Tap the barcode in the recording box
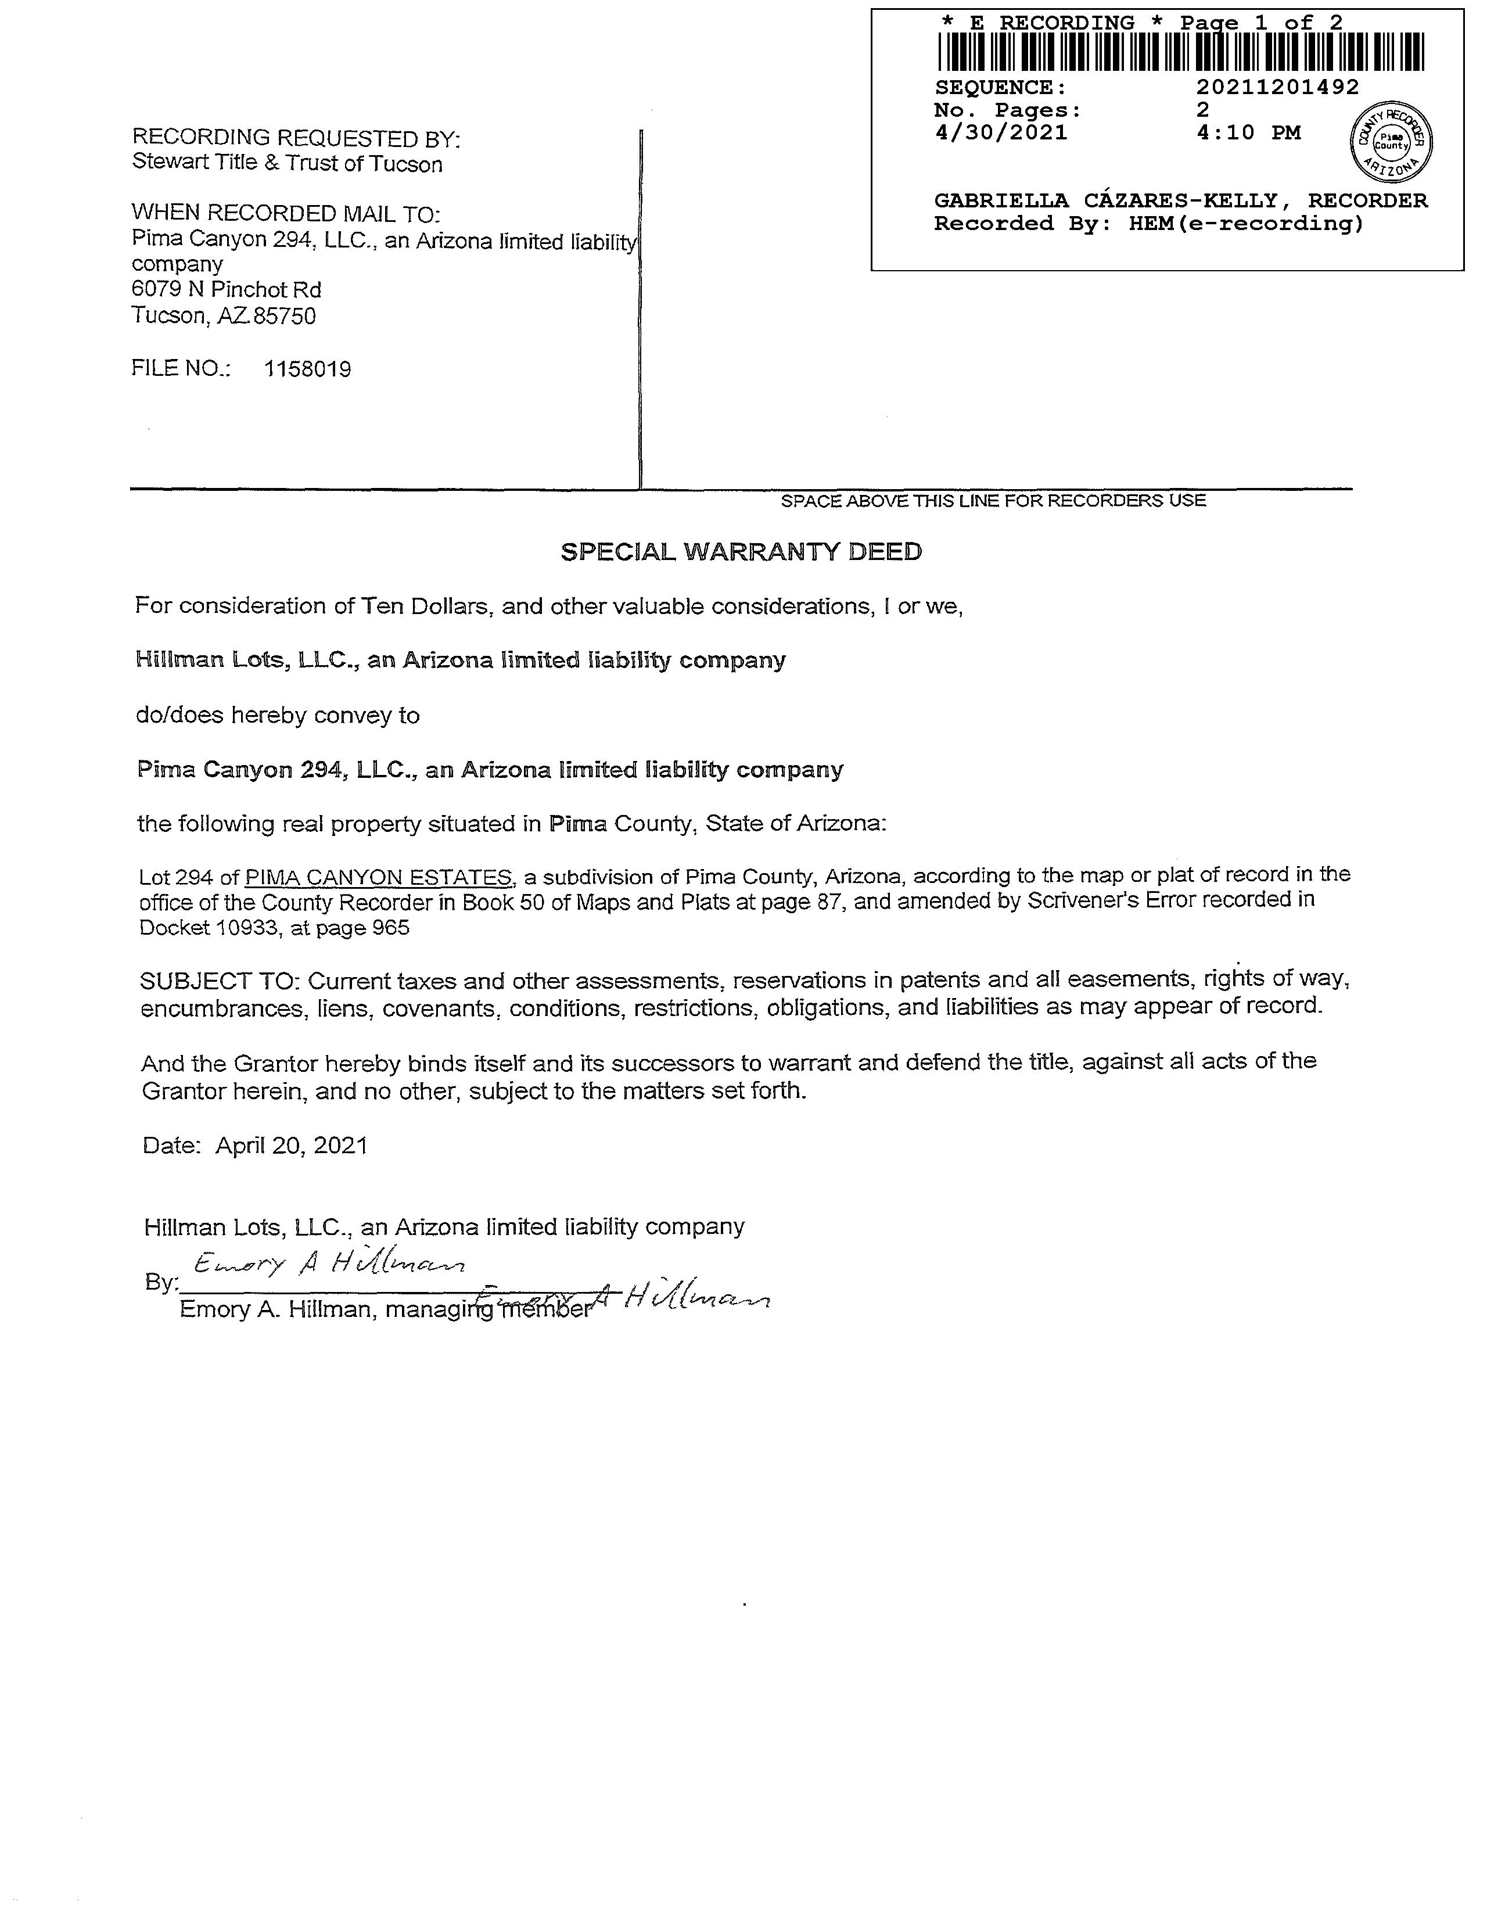1180,52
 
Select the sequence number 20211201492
1277,87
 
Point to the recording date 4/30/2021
1001,133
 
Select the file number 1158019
307,369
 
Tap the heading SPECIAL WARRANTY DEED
742,552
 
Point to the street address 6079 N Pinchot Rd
227,290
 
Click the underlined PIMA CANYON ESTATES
379,877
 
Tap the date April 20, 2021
292,1145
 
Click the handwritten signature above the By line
328,1266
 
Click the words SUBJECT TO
221,981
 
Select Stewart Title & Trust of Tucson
287,164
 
